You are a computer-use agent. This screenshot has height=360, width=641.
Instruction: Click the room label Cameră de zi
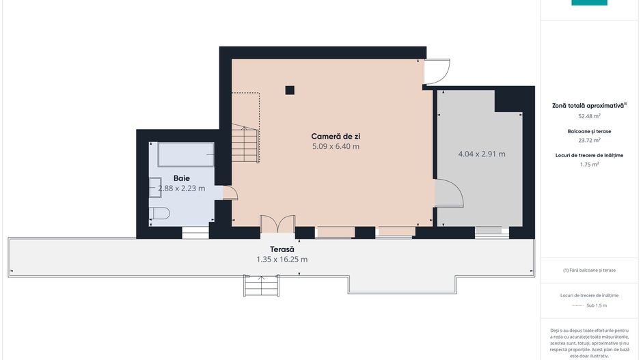[x=335, y=136]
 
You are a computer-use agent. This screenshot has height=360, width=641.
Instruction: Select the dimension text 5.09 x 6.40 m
[x=335, y=146]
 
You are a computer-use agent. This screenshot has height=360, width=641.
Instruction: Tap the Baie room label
[x=181, y=178]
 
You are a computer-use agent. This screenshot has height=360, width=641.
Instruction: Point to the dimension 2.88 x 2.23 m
[x=181, y=188]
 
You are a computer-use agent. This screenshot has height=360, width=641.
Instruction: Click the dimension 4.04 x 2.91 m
[x=481, y=154]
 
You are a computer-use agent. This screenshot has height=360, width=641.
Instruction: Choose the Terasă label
[x=282, y=249]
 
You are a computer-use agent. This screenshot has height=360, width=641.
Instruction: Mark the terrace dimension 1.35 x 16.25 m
[x=282, y=260]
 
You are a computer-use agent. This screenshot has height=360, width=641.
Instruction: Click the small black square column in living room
[x=290, y=89]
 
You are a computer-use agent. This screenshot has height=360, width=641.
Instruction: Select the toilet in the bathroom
[x=159, y=213]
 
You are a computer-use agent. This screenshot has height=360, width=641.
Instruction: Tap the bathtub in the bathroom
[x=186, y=154]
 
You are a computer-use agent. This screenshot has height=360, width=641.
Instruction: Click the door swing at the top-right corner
[x=437, y=71]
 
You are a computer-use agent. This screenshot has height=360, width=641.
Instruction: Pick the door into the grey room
[x=448, y=193]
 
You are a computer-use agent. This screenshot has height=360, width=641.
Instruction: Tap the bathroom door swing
[x=230, y=193]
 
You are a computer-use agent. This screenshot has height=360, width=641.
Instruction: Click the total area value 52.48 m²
[x=588, y=116]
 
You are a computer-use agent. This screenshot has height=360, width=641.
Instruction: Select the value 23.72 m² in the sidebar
[x=588, y=140]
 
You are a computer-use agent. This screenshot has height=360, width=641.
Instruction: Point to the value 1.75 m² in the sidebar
[x=588, y=165]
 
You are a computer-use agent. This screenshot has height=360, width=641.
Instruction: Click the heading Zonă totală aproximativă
[x=588, y=106]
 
